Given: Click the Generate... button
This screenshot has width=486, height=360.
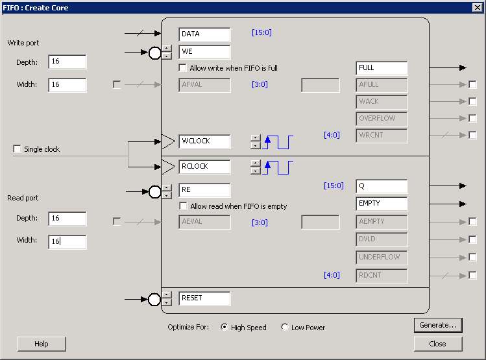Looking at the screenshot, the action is pyautogui.click(x=438, y=326).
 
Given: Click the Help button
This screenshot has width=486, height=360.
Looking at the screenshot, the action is pyautogui.click(x=42, y=344).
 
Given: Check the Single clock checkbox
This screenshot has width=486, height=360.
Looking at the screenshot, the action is pyautogui.click(x=17, y=149).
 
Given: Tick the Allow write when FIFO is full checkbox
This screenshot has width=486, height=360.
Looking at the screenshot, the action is pyautogui.click(x=182, y=68).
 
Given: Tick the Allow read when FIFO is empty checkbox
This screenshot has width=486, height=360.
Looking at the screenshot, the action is pyautogui.click(x=183, y=206).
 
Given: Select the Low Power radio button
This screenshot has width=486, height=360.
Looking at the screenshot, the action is pyautogui.click(x=285, y=327).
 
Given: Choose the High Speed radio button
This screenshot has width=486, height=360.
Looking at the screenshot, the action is pyautogui.click(x=225, y=327).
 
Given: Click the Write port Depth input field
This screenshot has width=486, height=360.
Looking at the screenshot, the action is pyautogui.click(x=67, y=62).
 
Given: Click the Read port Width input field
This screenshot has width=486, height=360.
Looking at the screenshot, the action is pyautogui.click(x=67, y=242).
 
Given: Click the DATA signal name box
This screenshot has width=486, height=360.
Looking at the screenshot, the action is pyautogui.click(x=204, y=34).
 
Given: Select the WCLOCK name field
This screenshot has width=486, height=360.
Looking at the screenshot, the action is pyautogui.click(x=204, y=141).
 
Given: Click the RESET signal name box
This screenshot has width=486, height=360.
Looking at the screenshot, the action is pyautogui.click(x=204, y=298).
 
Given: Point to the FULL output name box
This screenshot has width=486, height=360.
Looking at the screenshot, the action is pyautogui.click(x=382, y=68).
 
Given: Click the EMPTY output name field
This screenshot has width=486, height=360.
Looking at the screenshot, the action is pyautogui.click(x=382, y=204).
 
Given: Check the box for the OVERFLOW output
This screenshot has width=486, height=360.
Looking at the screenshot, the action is pyautogui.click(x=472, y=118).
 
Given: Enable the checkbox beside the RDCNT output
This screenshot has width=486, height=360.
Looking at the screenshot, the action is pyautogui.click(x=472, y=275).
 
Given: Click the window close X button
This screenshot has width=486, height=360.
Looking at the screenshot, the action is pyautogui.click(x=478, y=7).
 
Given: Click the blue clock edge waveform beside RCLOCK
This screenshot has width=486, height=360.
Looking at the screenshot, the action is pyautogui.click(x=278, y=167).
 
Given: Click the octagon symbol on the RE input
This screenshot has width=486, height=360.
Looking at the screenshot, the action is pyautogui.click(x=154, y=192).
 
